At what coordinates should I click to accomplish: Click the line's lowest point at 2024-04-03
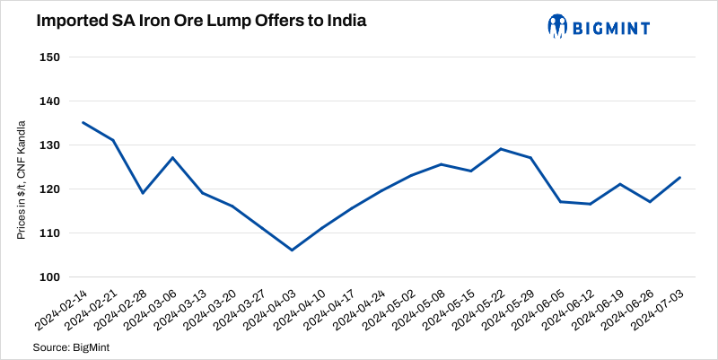292,250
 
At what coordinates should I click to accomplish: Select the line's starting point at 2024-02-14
83,122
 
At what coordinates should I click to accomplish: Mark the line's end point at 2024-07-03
679,177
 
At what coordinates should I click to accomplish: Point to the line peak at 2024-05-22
501,149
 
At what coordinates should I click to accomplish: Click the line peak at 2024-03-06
172,158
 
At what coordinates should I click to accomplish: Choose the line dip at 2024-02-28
143,193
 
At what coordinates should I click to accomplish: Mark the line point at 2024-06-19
620,184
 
